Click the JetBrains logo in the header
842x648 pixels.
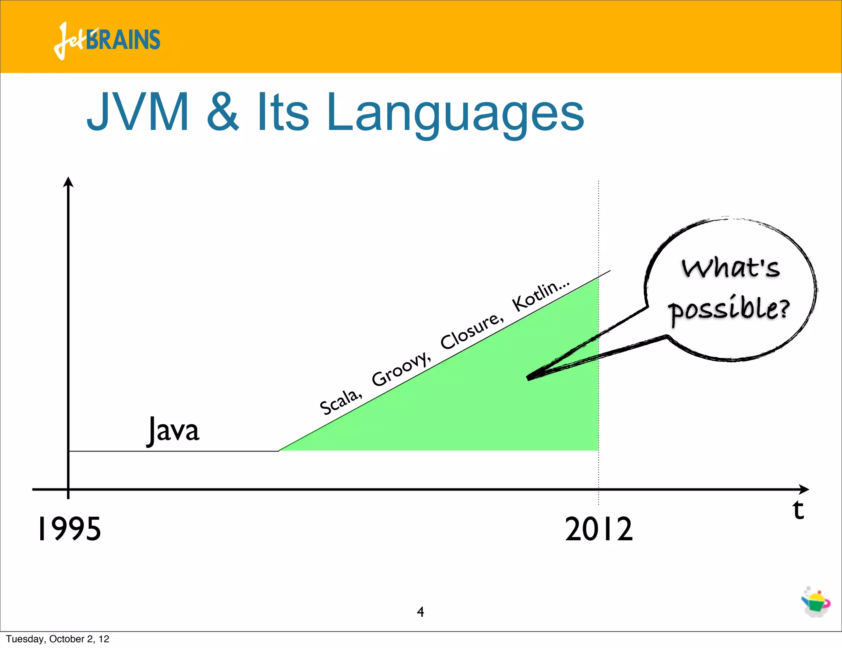coord(107,40)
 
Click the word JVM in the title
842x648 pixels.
coord(138,112)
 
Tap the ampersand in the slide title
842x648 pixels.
coord(222,112)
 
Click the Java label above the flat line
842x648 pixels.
coord(173,430)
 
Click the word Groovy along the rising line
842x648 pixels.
coord(401,369)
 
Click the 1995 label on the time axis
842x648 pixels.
coord(69,529)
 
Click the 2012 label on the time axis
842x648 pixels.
coord(599,529)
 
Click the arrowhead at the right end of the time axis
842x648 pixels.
coord(804,489)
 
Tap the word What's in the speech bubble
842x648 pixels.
coord(731,268)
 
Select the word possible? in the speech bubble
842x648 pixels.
coord(729,309)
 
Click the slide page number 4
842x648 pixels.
coord(420,612)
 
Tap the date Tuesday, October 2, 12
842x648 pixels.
coord(58,639)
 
